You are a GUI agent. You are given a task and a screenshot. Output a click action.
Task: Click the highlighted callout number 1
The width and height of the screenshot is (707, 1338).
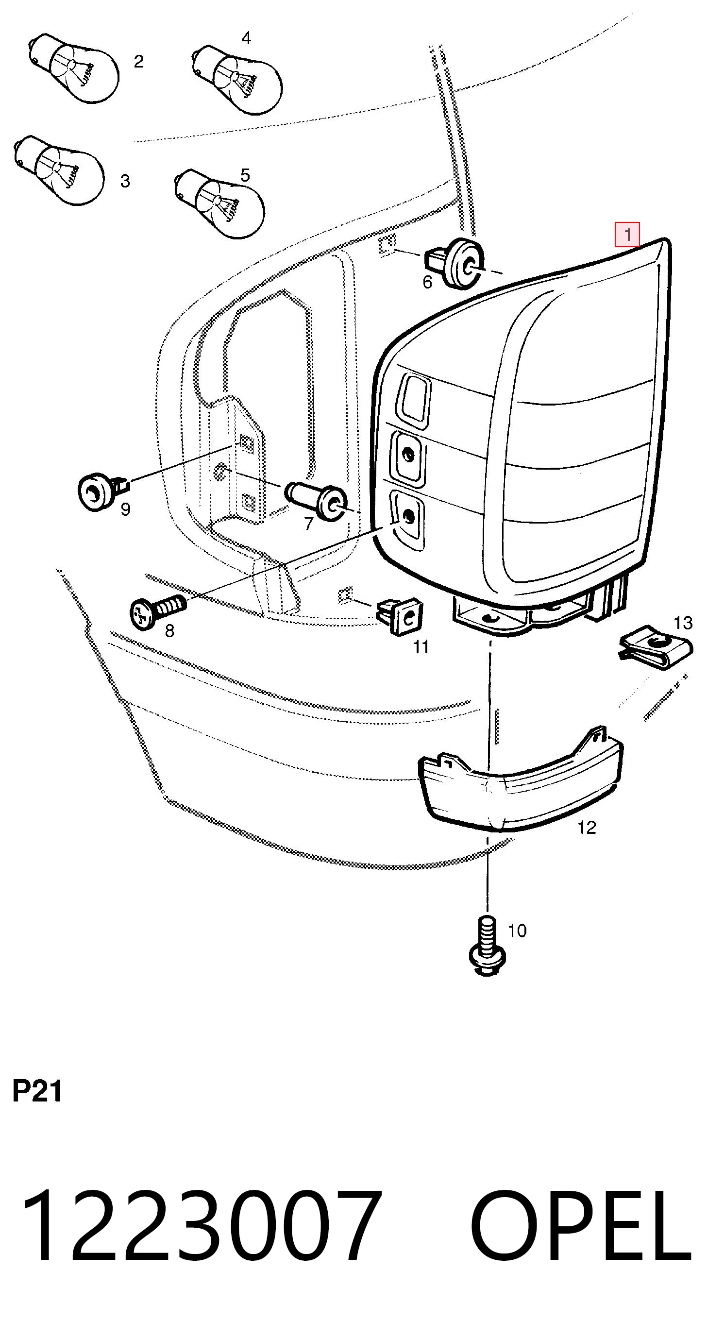[627, 235]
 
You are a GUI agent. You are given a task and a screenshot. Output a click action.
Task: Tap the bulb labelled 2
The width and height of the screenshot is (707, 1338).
[73, 68]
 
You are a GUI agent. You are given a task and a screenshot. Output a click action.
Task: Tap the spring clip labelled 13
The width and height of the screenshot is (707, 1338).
[656, 648]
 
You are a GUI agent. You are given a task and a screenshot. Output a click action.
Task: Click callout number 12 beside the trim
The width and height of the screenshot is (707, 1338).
[587, 828]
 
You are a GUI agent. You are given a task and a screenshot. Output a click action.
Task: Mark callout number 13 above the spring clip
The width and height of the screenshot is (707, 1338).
[683, 622]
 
